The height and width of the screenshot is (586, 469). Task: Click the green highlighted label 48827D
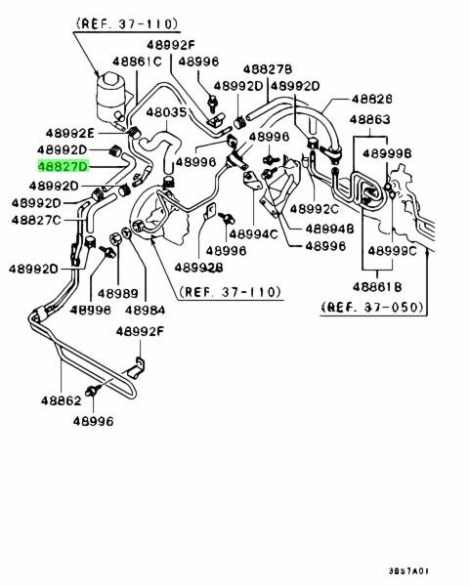pos(64,166)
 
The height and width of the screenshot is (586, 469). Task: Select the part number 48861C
pos(137,62)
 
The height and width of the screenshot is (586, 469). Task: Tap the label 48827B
pos(268,69)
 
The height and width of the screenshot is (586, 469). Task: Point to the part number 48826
pos(371,99)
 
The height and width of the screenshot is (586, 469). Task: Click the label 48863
pos(370,119)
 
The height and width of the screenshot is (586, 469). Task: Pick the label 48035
pos(166,112)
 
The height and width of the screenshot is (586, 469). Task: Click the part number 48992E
pos(70,133)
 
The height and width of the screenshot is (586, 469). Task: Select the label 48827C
pos(36,220)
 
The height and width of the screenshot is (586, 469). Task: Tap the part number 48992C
pos(315,209)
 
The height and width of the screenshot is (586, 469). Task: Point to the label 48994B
pos(329,229)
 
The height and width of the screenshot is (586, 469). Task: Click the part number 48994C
pos(254,234)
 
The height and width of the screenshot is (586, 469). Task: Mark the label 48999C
pos(392,251)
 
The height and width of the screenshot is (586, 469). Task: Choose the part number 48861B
pos(377,286)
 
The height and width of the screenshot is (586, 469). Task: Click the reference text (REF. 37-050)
pos(373,308)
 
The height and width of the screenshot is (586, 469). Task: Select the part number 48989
pos(118,293)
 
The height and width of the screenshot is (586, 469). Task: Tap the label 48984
pos(146,311)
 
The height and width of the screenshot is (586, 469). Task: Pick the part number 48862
pos(61,401)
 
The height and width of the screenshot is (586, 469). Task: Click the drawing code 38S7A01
pos(408,571)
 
